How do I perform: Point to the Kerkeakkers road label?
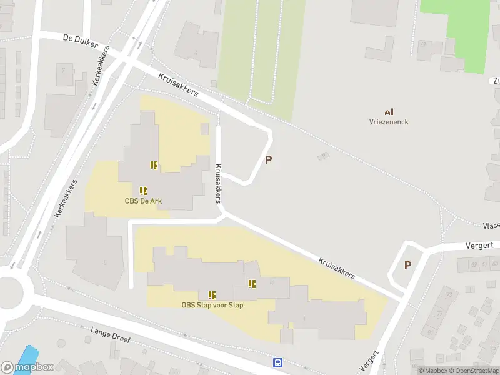click(66, 199)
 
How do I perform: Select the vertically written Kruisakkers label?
click(219, 183)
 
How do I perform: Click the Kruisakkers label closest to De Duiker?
click(178, 84)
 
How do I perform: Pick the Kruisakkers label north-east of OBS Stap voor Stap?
click(336, 267)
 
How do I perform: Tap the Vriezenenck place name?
click(389, 122)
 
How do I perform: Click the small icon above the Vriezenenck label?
click(389, 111)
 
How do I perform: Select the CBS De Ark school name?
click(144, 201)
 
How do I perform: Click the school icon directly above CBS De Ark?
click(144, 190)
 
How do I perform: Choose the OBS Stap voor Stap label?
click(212, 305)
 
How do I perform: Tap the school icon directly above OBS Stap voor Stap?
click(212, 294)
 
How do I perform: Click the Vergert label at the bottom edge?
click(370, 361)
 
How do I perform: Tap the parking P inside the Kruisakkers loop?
click(269, 159)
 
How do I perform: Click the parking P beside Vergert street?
click(407, 265)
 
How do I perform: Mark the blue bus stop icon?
click(277, 362)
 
